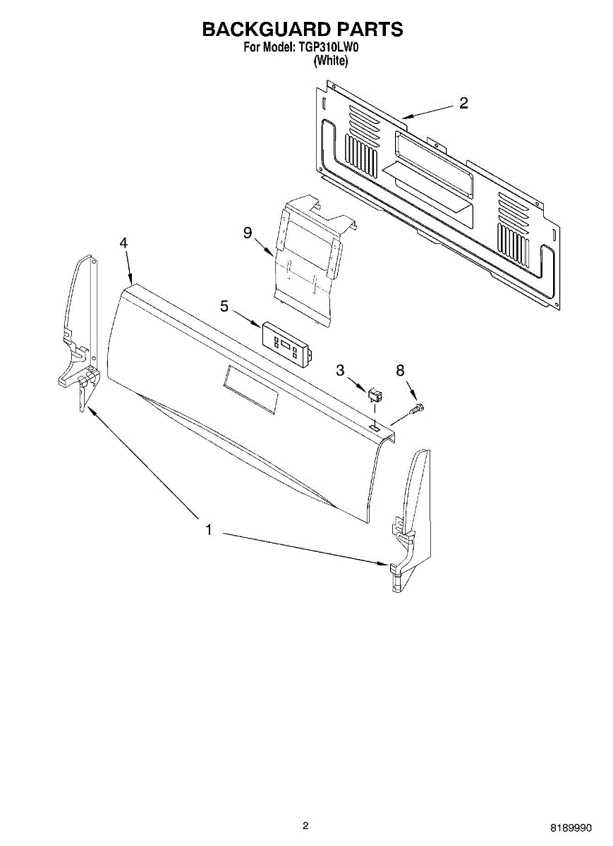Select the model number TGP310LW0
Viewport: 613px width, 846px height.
click(327, 48)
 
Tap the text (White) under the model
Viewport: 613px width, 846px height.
click(331, 60)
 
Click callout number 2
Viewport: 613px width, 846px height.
click(463, 103)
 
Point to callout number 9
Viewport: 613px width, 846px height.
click(248, 233)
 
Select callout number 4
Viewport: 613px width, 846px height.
click(123, 243)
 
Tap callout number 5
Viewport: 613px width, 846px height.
click(224, 306)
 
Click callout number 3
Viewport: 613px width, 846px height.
click(340, 371)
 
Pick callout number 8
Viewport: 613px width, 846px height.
click(400, 371)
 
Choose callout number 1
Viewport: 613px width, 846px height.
click(209, 530)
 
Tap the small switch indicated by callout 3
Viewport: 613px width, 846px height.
click(375, 395)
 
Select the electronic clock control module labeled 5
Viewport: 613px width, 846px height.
click(286, 345)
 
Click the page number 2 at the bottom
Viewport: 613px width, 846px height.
click(305, 826)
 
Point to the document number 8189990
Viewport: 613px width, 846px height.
click(571, 828)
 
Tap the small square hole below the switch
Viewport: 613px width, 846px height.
click(375, 427)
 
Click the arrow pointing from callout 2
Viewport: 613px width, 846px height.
click(427, 113)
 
